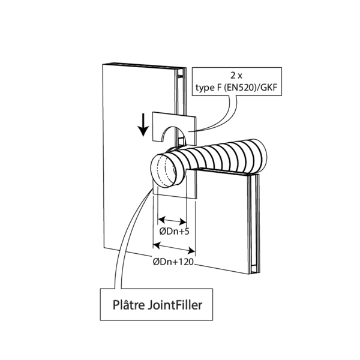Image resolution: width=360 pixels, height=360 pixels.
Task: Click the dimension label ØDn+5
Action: (x=172, y=232)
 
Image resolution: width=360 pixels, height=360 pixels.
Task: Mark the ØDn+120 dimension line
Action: (x=175, y=245)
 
